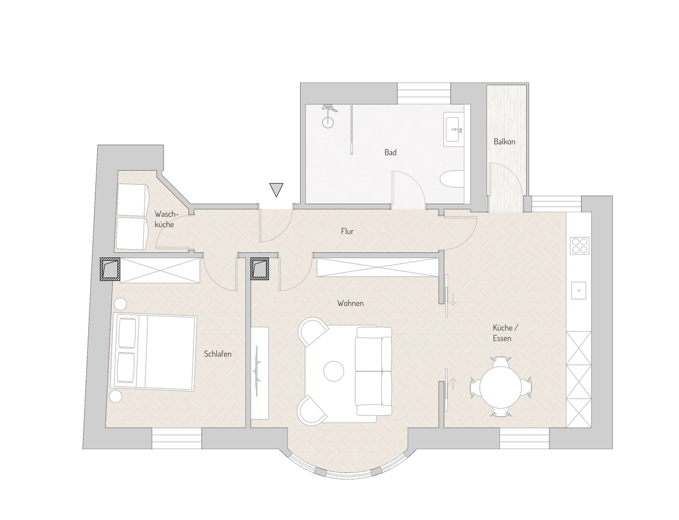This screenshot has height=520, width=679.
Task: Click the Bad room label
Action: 390,152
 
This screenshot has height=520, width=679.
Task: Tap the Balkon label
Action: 504,141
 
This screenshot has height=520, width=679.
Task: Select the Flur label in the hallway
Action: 347,231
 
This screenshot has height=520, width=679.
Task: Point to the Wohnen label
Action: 350,303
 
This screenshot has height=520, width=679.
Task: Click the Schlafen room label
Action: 218,354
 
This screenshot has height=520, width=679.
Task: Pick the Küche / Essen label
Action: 502,333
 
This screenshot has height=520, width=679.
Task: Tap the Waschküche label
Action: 165,219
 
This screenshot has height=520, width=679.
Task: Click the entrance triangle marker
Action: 276,190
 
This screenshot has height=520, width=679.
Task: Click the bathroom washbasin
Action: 453,129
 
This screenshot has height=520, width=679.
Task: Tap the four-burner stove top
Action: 580,245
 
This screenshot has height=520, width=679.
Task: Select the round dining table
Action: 501,387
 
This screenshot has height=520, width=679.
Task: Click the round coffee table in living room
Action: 334,370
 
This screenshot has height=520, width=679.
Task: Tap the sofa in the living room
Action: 374,371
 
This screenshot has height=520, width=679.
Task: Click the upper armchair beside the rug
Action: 312,331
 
